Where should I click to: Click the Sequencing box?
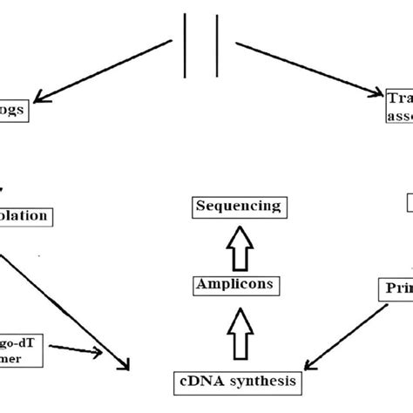click(x=238, y=207)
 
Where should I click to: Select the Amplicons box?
click(x=238, y=284)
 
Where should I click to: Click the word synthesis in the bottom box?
click(x=261, y=381)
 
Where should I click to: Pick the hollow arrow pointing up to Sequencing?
click(x=238, y=246)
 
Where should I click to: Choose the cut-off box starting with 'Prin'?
click(x=393, y=287)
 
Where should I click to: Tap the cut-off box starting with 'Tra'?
click(x=396, y=105)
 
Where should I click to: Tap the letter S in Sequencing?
click(x=201, y=207)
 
